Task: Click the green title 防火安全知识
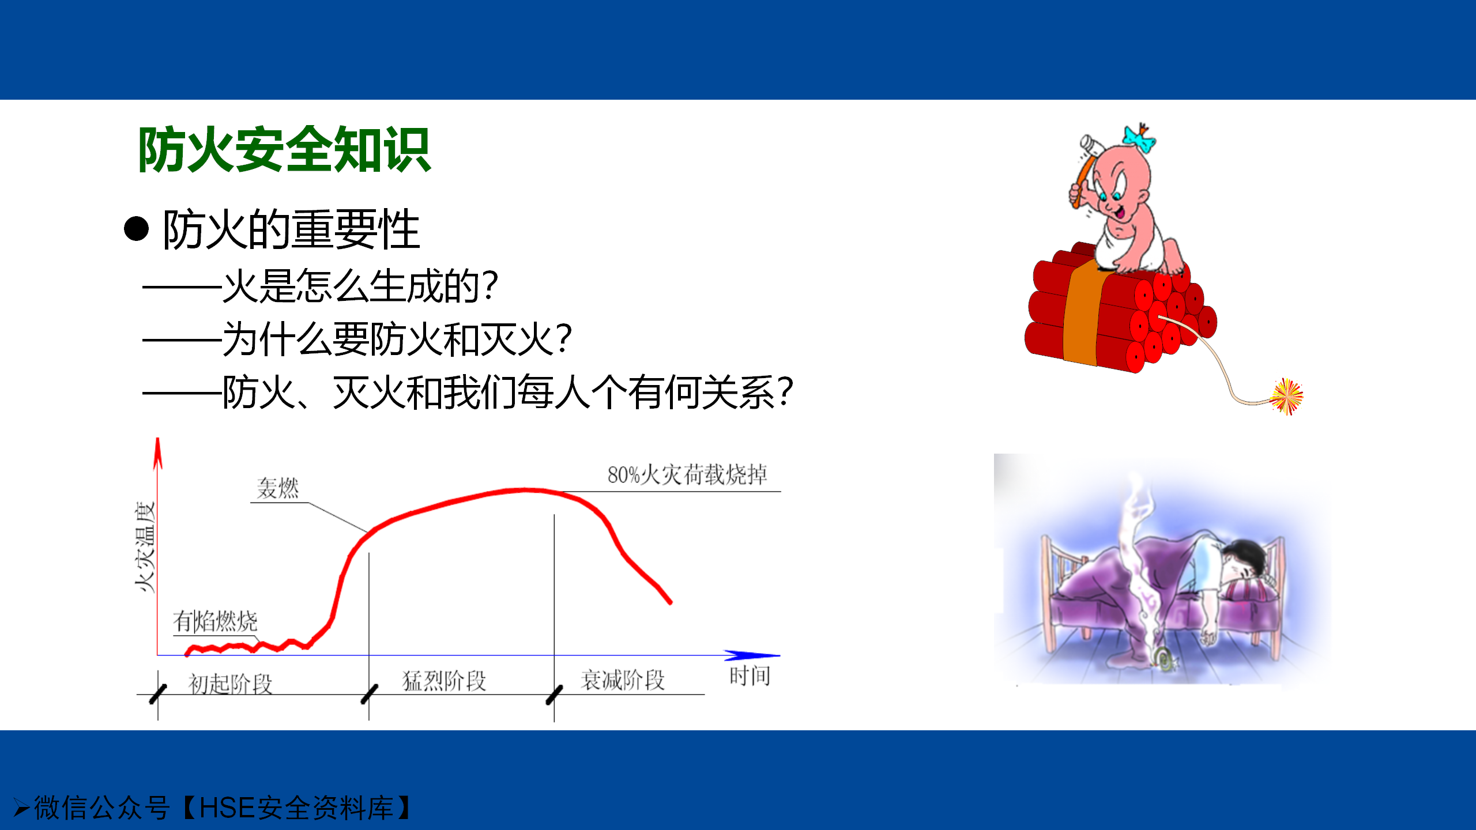(284, 150)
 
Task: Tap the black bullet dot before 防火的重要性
(136, 229)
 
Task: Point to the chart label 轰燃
(278, 488)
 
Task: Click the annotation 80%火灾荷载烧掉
(687, 474)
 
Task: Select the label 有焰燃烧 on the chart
(215, 621)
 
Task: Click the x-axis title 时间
(750, 676)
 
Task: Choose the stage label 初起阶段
(230, 684)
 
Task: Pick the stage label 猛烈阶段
(444, 681)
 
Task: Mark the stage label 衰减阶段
(623, 680)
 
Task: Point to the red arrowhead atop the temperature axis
(157, 453)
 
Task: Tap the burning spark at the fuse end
(1287, 397)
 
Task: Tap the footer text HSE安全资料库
(296, 808)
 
